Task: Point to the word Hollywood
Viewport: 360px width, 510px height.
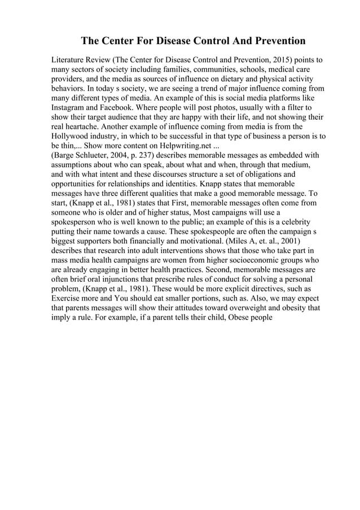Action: click(73, 136)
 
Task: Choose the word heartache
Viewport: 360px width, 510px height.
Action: click(82, 127)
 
